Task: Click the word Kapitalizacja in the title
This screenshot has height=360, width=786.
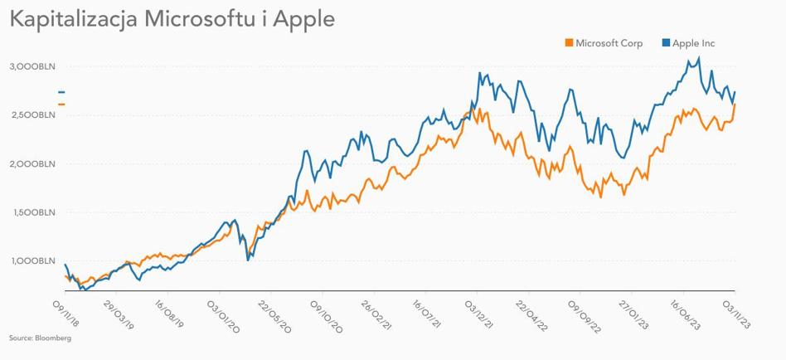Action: point(74,19)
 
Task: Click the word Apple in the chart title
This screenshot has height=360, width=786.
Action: point(304,19)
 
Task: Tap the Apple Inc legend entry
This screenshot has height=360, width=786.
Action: point(693,43)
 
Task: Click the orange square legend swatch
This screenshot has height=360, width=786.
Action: point(569,43)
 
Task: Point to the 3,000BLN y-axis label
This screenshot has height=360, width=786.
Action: point(32,66)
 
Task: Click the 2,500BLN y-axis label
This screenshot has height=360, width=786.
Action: point(32,114)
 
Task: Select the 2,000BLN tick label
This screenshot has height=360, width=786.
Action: point(32,163)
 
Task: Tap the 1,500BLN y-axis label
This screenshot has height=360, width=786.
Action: point(32,212)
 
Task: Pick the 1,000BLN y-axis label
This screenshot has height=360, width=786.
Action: point(32,261)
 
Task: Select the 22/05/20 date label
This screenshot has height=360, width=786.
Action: point(275,314)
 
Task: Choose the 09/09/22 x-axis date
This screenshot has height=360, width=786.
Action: point(585,314)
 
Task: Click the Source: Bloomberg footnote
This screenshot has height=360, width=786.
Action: point(40,338)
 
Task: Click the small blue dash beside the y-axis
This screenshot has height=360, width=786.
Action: point(61,92)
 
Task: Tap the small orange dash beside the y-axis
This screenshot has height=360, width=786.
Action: point(61,104)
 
